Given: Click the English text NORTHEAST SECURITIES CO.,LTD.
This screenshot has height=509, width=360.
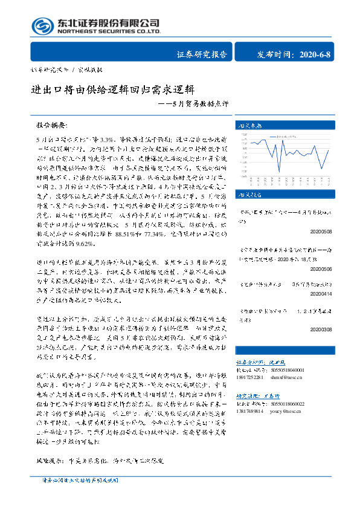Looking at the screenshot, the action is [109, 31].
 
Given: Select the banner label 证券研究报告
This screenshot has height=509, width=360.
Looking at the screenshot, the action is [202, 54].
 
